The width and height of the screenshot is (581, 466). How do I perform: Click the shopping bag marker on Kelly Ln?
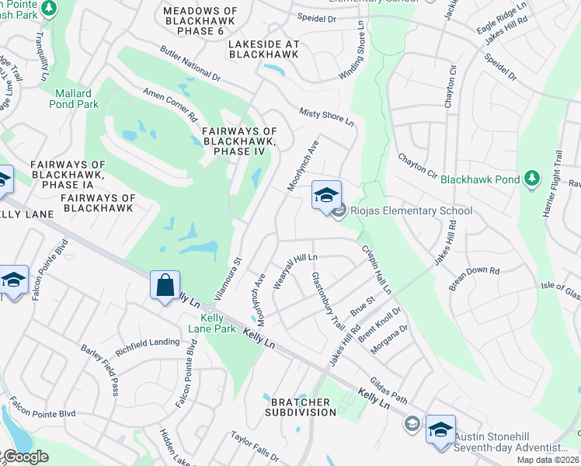tap(165, 285)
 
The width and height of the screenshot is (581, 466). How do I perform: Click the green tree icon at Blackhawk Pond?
tap(531, 179)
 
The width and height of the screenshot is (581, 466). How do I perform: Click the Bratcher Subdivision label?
tap(303, 407)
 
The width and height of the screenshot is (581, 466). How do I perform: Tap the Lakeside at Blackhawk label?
tap(263, 49)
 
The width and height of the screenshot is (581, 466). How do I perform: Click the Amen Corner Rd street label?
tap(170, 104)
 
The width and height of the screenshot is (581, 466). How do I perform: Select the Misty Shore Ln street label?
tap(327, 117)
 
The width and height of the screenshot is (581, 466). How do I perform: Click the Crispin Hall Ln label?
tap(376, 270)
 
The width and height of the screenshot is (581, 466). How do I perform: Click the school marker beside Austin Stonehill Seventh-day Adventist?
tap(440, 429)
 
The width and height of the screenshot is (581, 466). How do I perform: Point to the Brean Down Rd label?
tap(474, 279)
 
